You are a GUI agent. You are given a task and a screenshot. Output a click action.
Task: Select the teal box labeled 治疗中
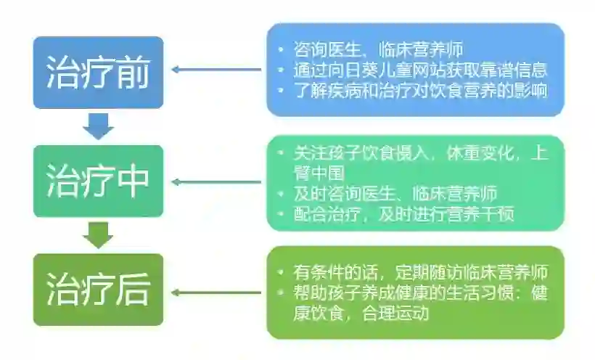click(98, 180)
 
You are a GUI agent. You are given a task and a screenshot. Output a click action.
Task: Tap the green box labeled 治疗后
click(98, 289)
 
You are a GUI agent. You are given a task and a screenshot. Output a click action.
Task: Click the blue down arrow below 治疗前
click(98, 126)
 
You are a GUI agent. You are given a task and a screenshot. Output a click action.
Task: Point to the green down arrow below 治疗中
click(98, 234)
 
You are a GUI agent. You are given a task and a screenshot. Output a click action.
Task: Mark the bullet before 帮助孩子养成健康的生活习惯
click(282, 293)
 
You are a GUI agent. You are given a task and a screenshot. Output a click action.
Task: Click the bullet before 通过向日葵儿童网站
click(282, 70)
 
